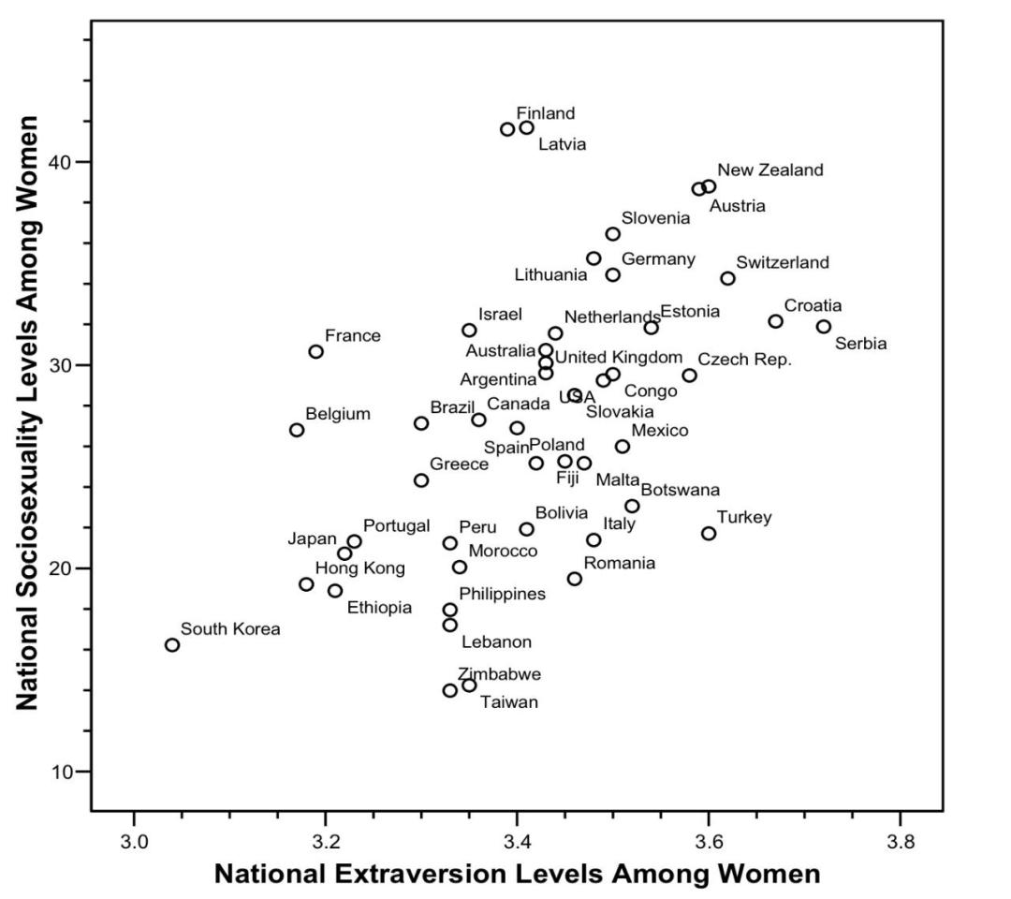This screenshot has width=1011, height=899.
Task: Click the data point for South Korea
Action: [172, 644]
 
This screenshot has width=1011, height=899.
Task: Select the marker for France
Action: [315, 351]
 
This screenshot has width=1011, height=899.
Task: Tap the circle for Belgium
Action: [297, 430]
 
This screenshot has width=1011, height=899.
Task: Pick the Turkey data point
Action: [709, 533]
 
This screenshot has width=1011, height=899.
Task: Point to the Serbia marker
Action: [823, 327]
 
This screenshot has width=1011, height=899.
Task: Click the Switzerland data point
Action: [727, 278]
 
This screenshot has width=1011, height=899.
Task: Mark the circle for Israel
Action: [469, 330]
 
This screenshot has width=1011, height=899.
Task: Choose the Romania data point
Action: [575, 579]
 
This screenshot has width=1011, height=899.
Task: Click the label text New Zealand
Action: [770, 170]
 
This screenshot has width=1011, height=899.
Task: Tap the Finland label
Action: [546, 113]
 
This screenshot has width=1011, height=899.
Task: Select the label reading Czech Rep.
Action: [745, 360]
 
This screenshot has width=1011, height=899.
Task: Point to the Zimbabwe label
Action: [499, 674]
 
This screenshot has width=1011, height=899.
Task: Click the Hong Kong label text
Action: [359, 568]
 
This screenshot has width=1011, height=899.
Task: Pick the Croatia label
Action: [813, 306]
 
